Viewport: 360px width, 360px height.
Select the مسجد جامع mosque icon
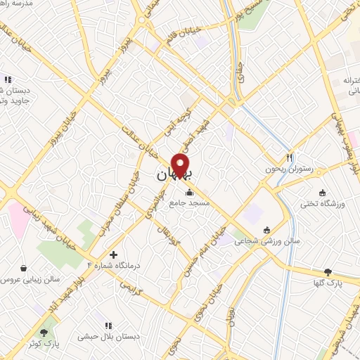[188, 193]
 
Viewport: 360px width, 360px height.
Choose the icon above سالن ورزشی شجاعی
[266, 231]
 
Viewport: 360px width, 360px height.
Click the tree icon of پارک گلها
[328, 272]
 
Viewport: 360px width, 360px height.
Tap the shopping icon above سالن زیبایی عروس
[25, 268]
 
